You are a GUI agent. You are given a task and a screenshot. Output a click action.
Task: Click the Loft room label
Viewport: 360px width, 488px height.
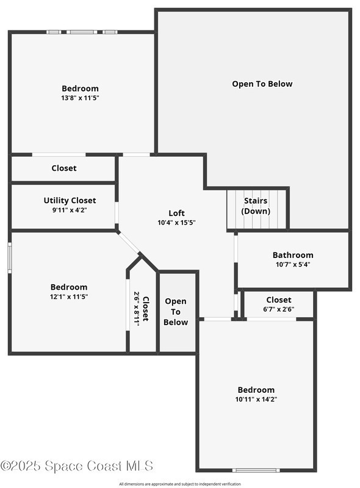176,213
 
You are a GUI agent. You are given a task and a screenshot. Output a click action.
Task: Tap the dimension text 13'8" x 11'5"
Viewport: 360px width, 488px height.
80,98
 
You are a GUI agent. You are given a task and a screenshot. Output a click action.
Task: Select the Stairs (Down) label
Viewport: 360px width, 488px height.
256,206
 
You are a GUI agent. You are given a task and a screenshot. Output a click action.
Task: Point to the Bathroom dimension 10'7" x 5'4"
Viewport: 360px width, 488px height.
293,265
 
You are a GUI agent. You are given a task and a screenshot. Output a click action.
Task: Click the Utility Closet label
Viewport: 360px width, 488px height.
70,201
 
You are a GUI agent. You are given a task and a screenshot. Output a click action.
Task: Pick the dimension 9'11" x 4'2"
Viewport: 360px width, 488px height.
70,210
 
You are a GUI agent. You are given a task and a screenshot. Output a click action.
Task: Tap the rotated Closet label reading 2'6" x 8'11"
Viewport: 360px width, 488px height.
141,309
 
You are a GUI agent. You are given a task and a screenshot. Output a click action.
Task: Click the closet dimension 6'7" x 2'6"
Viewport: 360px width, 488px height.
279,309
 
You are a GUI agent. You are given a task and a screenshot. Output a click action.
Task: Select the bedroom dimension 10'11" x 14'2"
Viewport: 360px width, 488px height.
256,399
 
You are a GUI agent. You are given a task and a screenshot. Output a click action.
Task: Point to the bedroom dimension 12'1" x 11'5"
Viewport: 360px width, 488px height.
69,296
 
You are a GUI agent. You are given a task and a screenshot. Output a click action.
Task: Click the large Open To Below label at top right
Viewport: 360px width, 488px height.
262,84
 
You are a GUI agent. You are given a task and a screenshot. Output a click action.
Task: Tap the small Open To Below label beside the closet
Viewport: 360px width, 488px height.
176,312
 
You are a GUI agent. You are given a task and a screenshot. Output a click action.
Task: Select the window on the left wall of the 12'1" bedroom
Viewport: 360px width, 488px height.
10,258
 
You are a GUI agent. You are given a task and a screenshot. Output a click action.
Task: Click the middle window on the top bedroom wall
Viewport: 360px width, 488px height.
82,32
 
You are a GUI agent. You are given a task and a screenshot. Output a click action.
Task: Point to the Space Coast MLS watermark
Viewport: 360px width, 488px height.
77,466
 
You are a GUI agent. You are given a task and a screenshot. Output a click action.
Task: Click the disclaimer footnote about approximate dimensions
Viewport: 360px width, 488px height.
180,484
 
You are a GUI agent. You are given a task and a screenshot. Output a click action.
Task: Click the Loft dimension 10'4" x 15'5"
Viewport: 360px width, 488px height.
176,223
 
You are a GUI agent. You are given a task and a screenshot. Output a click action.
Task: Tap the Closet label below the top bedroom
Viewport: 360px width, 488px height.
64,168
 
